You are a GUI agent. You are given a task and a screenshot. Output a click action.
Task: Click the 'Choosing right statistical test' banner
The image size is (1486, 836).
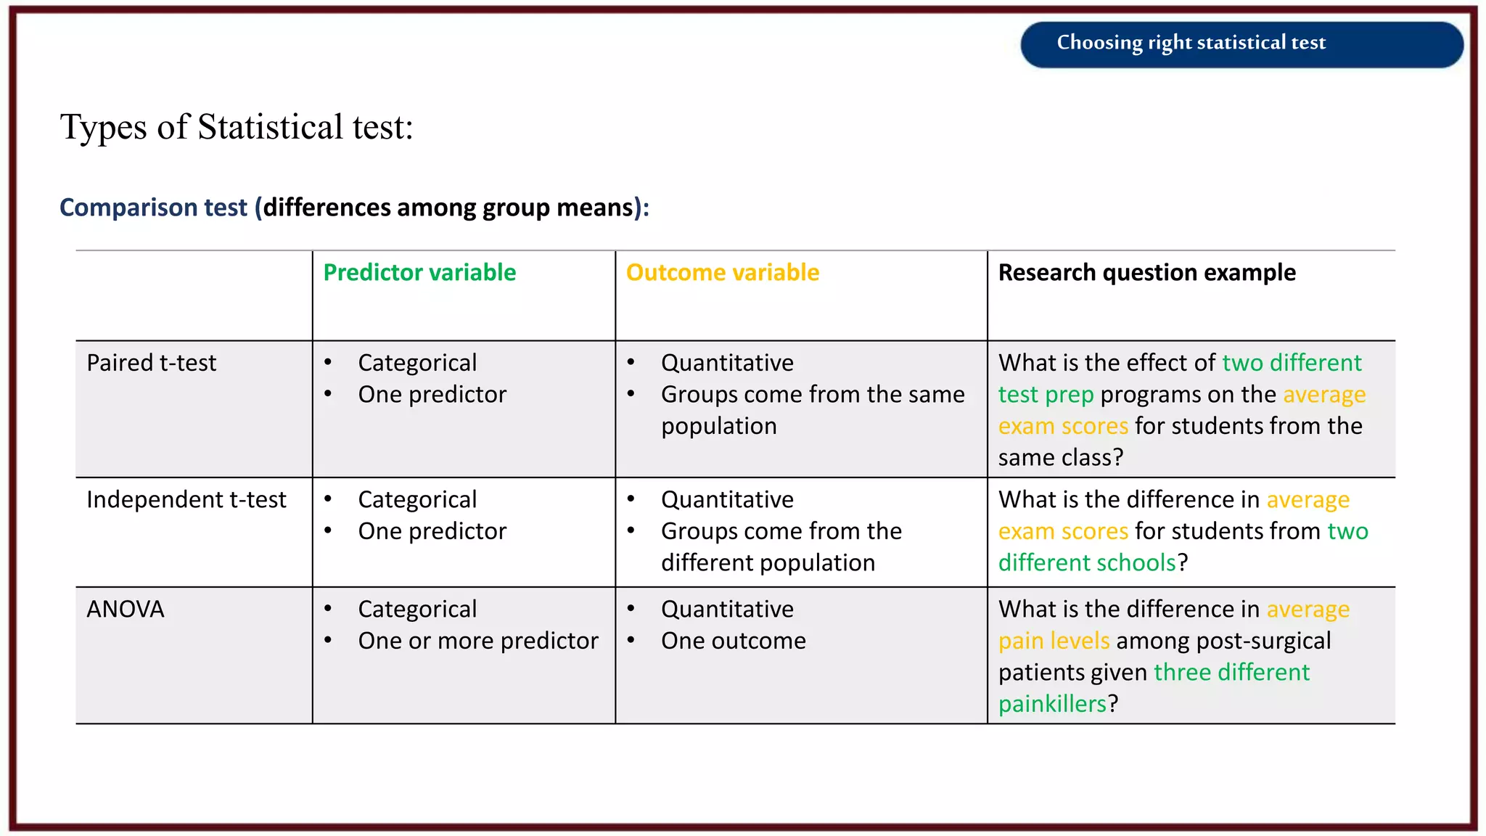tap(1190, 43)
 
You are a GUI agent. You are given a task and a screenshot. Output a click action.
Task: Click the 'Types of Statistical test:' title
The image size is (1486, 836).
tap(237, 127)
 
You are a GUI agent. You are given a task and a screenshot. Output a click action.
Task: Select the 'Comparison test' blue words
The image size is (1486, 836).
tap(153, 208)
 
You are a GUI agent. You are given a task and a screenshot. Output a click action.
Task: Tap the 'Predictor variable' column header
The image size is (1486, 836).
tap(419, 273)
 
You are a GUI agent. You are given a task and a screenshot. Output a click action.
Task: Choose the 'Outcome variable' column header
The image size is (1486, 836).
tap(722, 273)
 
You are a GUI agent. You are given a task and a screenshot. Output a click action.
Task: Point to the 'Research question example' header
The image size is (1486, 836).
tap(1146, 273)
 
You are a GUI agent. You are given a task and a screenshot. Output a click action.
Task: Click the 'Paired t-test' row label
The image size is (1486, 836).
tap(151, 363)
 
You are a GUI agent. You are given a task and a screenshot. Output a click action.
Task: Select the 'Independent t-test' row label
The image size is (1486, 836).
tap(186, 500)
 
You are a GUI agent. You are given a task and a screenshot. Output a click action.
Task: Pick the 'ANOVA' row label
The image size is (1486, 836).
tap(126, 610)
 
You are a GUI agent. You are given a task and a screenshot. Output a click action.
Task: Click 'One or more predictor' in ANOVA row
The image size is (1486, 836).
tap(477, 641)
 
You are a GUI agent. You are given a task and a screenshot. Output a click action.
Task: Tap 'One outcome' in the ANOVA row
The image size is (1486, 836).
tap(733, 641)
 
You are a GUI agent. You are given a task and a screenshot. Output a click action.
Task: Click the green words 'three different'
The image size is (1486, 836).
tap(1231, 673)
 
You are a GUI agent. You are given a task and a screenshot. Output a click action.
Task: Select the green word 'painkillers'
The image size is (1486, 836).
tap(1052, 704)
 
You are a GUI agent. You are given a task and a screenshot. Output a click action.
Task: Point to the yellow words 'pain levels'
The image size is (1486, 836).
tap(1054, 641)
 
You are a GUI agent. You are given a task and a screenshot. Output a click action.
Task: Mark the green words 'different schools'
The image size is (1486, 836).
tap(1086, 563)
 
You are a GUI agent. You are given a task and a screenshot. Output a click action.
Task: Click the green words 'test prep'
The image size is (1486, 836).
tap(1046, 395)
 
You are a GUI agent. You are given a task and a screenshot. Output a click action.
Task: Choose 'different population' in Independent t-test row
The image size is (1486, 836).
tap(768, 563)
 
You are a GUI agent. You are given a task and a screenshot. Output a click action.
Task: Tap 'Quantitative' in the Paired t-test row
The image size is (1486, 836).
tap(727, 363)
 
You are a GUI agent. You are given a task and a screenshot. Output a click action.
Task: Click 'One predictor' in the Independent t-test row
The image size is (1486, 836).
tap(432, 531)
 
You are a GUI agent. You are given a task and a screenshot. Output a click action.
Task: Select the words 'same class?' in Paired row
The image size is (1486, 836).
tap(1060, 458)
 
